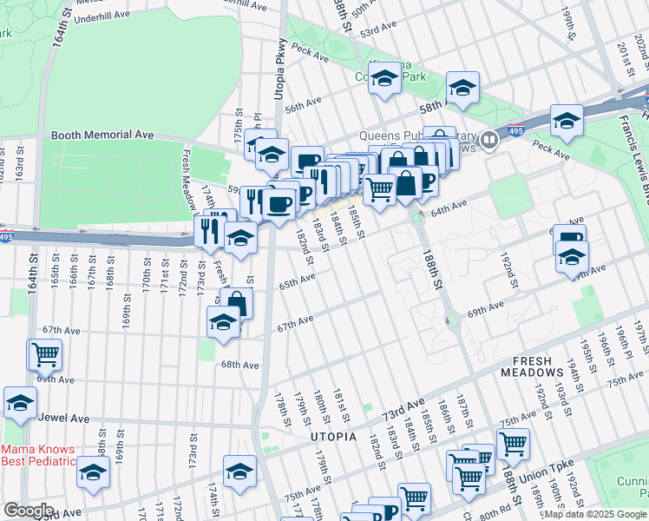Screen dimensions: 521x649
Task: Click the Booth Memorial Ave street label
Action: click(102, 135)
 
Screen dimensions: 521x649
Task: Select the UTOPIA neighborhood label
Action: click(333, 437)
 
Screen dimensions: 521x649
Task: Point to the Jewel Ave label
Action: click(66, 418)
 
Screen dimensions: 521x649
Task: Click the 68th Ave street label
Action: click(239, 366)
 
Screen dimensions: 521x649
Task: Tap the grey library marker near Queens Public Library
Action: click(490, 139)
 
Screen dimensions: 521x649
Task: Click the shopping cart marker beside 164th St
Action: click(44, 354)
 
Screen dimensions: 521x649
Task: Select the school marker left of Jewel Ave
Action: click(20, 403)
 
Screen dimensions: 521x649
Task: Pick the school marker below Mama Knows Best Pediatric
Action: click(93, 472)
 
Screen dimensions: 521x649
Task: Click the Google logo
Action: click(29, 511)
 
